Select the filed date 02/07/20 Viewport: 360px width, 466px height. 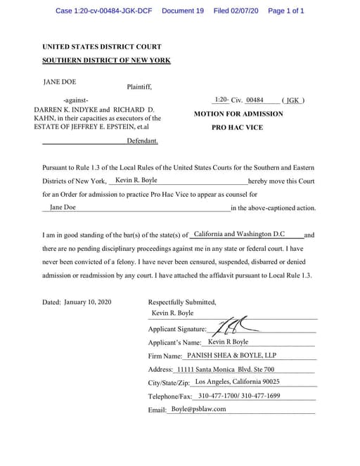click(247, 11)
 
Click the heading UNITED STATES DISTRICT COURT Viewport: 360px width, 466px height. click(101, 46)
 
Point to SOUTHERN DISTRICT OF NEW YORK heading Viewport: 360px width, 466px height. click(106, 60)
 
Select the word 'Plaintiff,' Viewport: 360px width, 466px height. click(139, 88)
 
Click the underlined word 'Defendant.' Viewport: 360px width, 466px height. click(142, 141)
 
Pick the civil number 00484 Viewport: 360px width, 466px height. click(254, 101)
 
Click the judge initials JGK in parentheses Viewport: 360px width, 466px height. click(292, 101)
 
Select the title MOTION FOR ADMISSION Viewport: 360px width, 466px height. click(238, 114)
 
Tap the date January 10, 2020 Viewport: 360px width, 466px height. click(88, 302)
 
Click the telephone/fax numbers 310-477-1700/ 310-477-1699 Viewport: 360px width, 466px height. click(239, 396)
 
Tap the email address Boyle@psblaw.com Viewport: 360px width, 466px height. click(198, 409)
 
